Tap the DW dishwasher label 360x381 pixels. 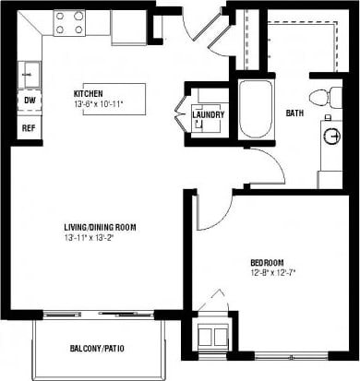30,100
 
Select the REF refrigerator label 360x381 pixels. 30,127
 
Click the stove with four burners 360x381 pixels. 69,22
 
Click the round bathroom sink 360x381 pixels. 332,135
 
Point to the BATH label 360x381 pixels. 294,113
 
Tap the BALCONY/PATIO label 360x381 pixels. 98,348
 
